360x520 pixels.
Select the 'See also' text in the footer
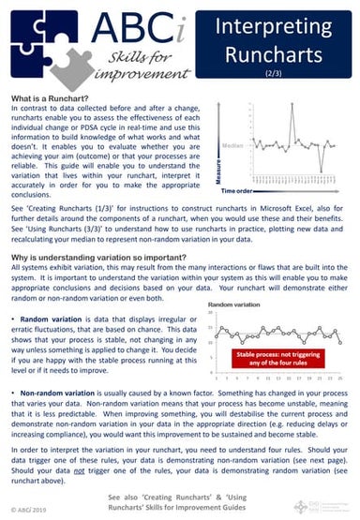pyautogui.click(x=126, y=496)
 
